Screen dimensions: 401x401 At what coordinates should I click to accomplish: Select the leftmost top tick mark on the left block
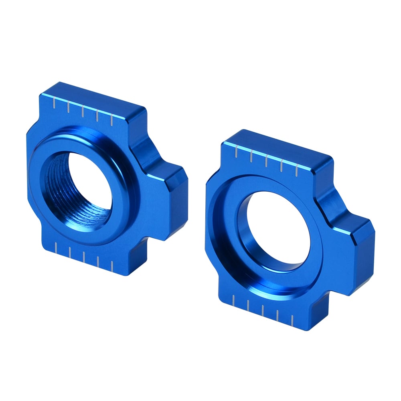(54, 104)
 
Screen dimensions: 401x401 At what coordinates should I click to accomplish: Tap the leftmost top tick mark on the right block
(236, 152)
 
